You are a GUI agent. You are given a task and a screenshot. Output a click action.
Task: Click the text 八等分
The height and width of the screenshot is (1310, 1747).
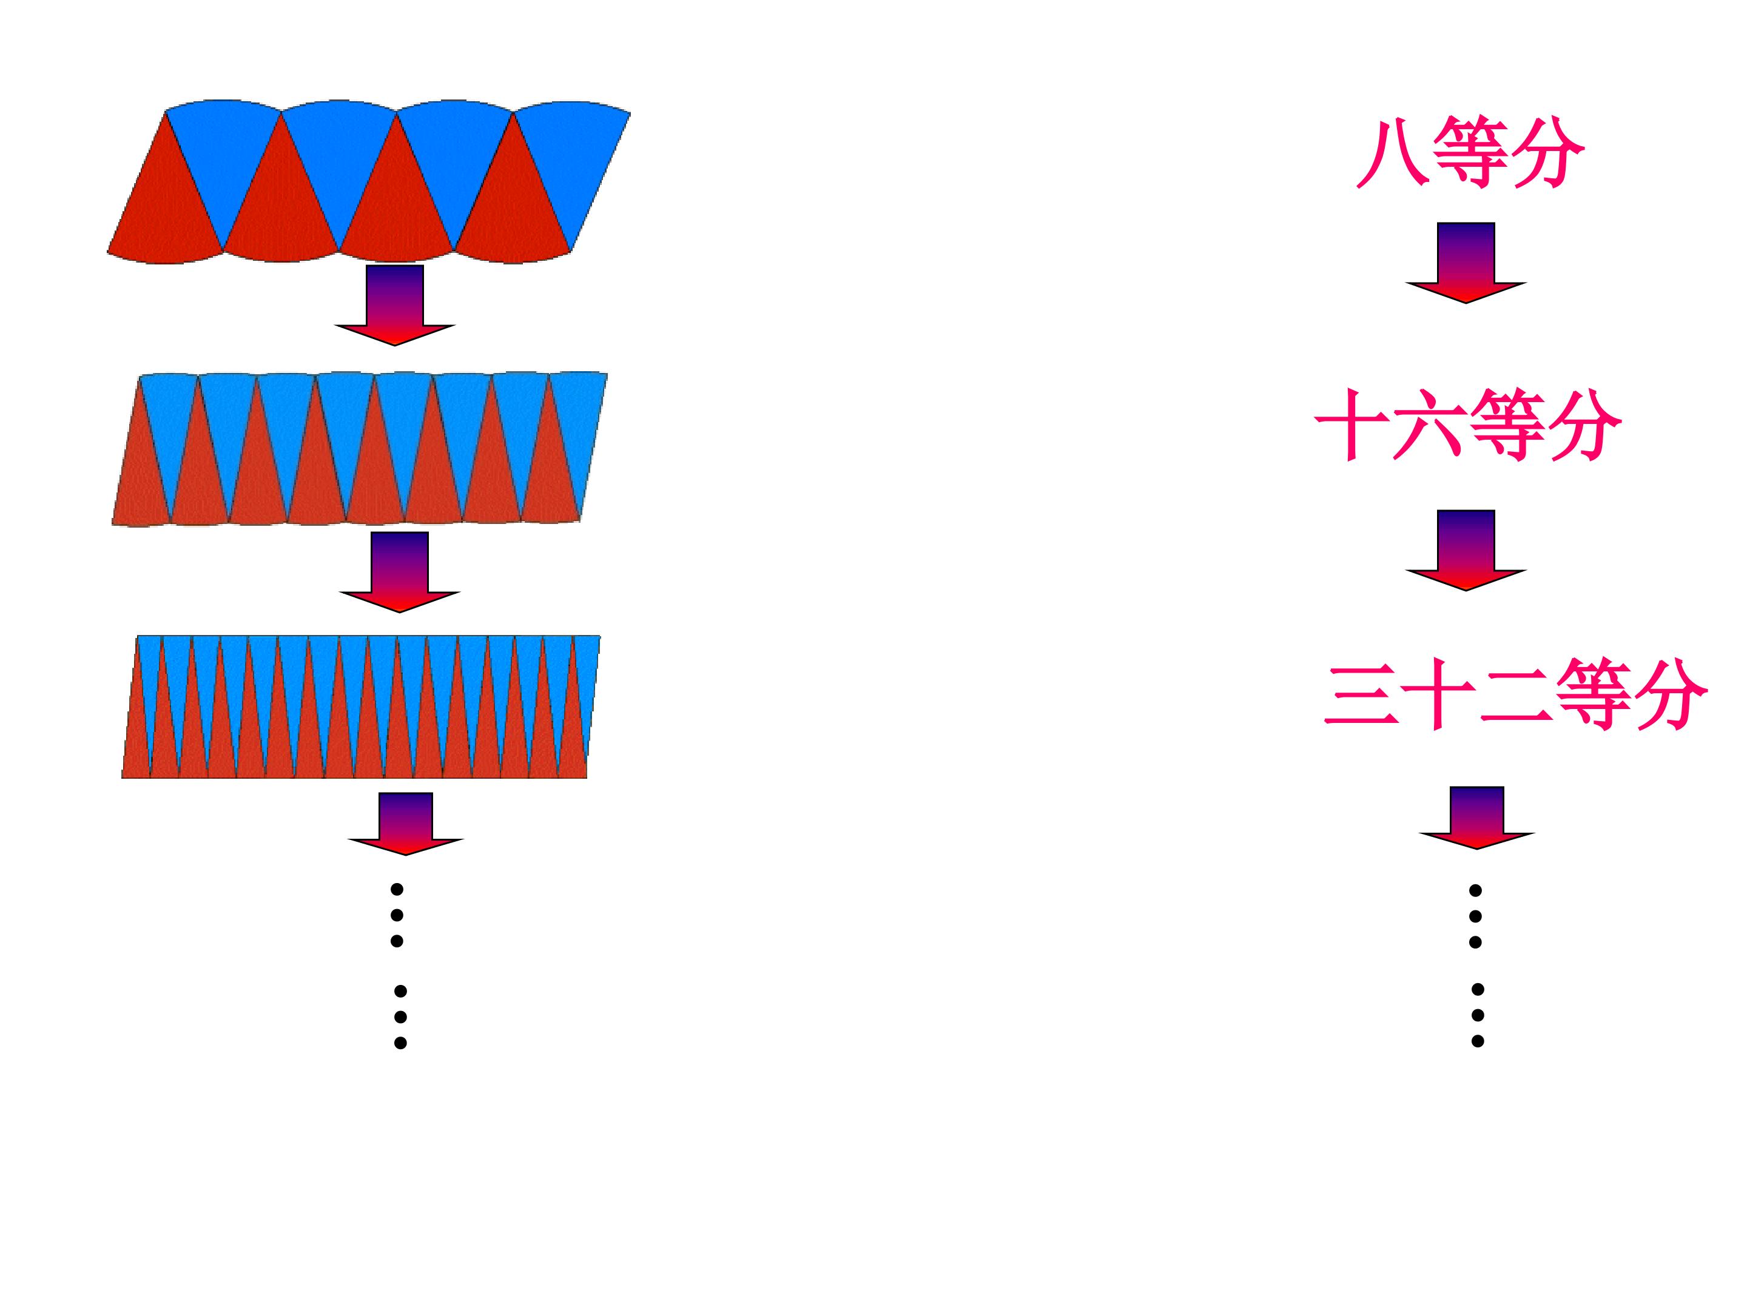tap(1470, 152)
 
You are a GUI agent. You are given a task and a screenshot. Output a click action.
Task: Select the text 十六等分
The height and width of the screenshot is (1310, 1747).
tap(1468, 424)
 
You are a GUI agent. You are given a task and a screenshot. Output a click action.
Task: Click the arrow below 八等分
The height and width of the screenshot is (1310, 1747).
tap(1466, 262)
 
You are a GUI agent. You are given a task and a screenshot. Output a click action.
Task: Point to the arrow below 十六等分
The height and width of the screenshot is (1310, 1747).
tap(1466, 549)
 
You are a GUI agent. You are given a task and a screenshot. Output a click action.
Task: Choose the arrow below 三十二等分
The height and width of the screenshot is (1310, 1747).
tap(1476, 818)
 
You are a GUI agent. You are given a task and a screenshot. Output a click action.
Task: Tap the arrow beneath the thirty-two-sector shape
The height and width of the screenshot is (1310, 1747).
tap(406, 824)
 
